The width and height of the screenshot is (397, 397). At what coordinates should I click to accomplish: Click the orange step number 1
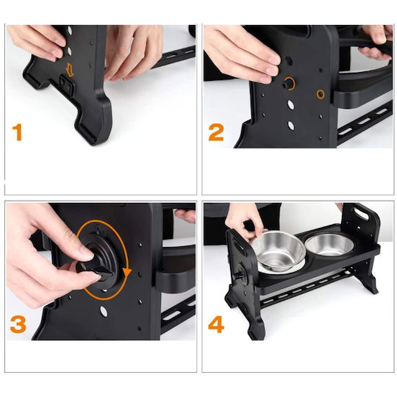pyautogui.click(x=17, y=132)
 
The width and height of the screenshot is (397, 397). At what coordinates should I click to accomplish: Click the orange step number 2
pyautogui.click(x=216, y=132)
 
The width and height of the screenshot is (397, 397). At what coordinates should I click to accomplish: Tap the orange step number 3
pyautogui.click(x=18, y=324)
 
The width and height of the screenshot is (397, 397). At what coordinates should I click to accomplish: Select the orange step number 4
pyautogui.click(x=216, y=324)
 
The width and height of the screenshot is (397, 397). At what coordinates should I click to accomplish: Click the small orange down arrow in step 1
pyautogui.click(x=69, y=70)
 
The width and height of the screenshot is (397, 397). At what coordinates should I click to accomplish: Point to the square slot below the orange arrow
pyautogui.click(x=66, y=85)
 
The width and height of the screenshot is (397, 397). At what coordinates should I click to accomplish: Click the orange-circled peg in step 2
pyautogui.click(x=288, y=84)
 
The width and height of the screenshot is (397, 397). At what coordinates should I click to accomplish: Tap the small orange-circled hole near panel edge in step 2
pyautogui.click(x=321, y=94)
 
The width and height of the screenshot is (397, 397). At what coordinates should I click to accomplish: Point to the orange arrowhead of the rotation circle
pyautogui.click(x=127, y=273)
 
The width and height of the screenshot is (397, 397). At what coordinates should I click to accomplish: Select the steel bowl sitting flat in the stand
pyautogui.click(x=329, y=244)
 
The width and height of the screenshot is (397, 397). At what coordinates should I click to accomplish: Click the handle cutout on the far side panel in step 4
pyautogui.click(x=362, y=213)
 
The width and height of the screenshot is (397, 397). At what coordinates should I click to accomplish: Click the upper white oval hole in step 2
pyautogui.click(x=291, y=105)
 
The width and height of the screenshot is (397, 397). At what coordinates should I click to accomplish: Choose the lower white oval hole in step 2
pyautogui.click(x=291, y=126)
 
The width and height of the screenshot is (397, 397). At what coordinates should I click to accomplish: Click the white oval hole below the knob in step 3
pyautogui.click(x=104, y=312)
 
